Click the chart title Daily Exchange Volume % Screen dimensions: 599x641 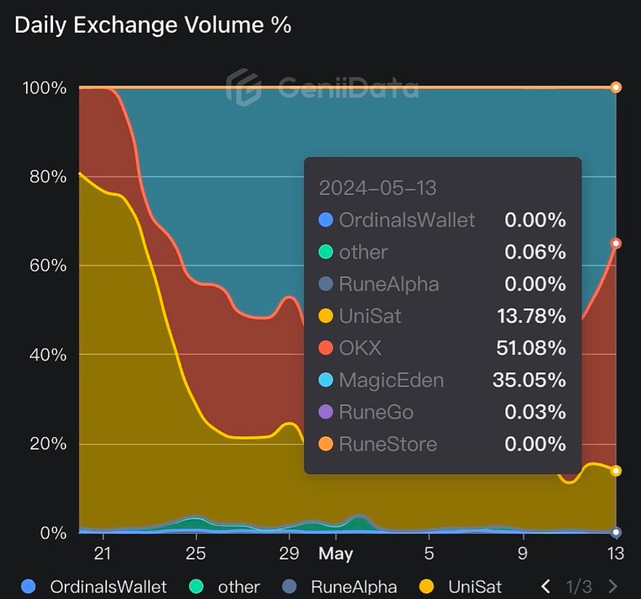tap(153, 25)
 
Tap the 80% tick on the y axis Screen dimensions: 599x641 tap(48, 177)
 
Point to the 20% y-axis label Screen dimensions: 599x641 tap(48, 444)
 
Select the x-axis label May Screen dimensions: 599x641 tap(335, 554)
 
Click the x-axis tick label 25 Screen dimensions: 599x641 tap(196, 553)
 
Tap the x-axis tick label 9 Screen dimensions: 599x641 tap(522, 553)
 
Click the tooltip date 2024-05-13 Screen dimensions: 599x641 tap(377, 188)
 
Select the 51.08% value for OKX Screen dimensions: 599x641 tap(531, 348)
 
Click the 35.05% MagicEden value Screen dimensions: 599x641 tap(529, 380)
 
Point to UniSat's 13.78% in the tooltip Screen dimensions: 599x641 tap(531, 316)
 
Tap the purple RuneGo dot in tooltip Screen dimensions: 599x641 tap(326, 412)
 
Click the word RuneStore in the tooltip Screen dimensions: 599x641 tap(388, 444)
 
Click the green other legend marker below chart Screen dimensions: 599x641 tap(197, 587)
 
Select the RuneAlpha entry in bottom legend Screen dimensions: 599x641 tap(354, 587)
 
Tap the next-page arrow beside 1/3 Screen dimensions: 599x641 tap(613, 587)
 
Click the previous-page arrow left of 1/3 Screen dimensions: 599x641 tap(545, 587)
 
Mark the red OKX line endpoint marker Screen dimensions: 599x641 tap(616, 244)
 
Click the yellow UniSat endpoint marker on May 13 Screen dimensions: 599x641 tap(616, 471)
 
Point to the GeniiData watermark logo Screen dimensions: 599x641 tap(244, 87)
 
